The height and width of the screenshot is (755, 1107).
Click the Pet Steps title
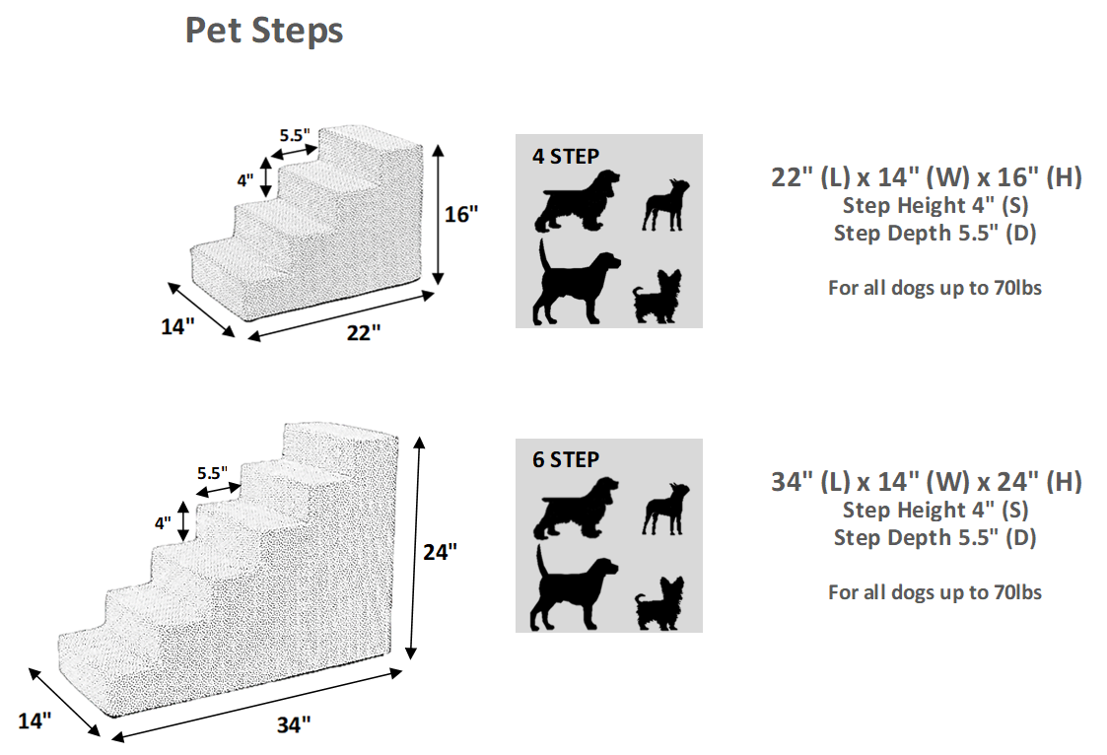[264, 31]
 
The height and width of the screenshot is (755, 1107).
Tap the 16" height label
[460, 214]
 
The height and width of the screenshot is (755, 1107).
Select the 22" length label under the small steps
[362, 333]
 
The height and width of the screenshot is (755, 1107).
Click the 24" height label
[440, 552]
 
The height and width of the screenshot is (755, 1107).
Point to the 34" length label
[293, 724]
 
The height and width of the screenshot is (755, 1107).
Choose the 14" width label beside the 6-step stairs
[34, 721]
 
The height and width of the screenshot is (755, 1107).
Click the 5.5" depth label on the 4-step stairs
[294, 134]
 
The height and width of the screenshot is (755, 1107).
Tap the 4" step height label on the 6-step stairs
[162, 523]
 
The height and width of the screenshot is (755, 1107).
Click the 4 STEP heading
[566, 155]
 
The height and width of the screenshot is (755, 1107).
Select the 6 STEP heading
[566, 459]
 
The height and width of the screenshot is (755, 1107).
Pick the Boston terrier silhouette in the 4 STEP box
[665, 205]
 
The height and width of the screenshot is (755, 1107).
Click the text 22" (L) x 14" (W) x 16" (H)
[926, 177]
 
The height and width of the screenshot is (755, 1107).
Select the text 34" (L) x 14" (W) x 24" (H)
[926, 482]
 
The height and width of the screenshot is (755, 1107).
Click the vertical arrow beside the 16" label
[437, 214]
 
